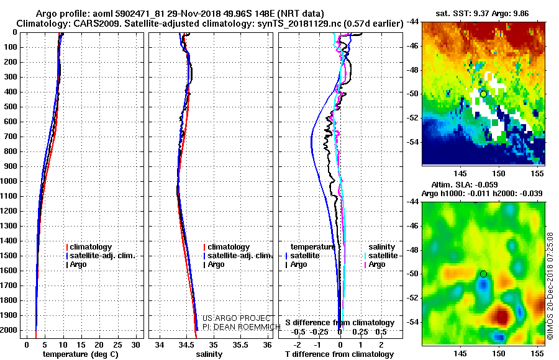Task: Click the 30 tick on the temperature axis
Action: pos(136,344)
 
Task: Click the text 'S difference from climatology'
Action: pos(340,323)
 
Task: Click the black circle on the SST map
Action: pos(483,94)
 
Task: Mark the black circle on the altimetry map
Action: pos(483,274)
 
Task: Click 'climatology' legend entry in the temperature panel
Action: pos(91,247)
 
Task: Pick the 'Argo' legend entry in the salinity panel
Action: pos(216,264)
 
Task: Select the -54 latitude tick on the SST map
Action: pos(412,142)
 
